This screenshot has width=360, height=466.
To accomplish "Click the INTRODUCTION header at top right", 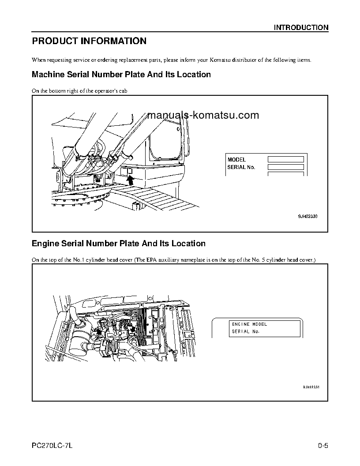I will coord(301,27).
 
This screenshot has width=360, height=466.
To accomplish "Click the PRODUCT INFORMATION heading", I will coord(89,41).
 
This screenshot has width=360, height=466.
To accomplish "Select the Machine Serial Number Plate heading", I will coord(121,75).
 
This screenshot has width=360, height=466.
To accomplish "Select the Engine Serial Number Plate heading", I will coord(119,244).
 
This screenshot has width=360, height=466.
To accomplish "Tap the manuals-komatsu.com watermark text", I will coord(204,116).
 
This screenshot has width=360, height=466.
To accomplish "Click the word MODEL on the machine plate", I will coord(236,160).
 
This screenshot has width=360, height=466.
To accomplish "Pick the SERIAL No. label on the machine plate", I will coord(241,167).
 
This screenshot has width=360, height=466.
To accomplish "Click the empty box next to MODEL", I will coord(285,159).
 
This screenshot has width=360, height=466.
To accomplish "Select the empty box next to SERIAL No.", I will coord(285,167).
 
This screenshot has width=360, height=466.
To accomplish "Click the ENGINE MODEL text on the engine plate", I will coord(249,324).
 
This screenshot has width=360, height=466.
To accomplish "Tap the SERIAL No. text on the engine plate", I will coord(246,331).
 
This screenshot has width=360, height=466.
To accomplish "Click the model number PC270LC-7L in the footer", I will coord(52,445).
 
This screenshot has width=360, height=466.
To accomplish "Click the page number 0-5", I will coord(323,445).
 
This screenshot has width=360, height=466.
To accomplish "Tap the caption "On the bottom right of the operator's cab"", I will coord(80,90).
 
